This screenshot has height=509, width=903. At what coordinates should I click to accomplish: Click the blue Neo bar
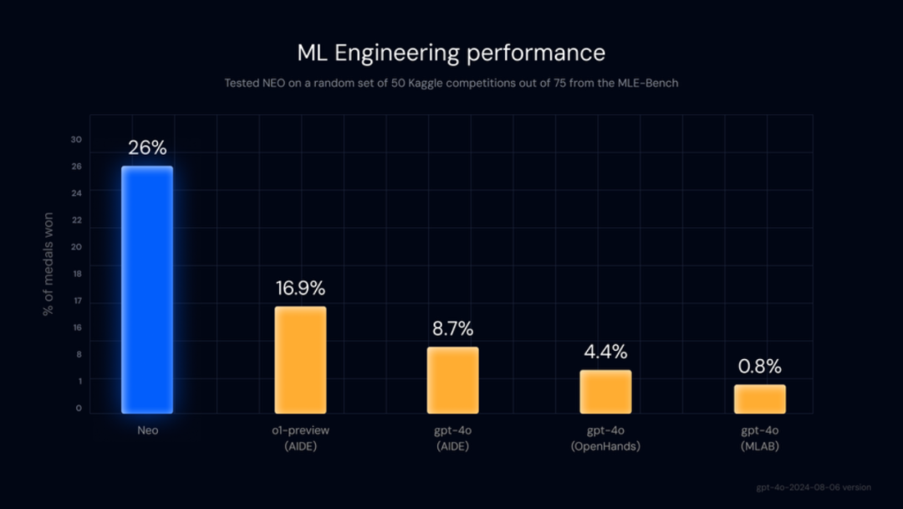(x=147, y=289)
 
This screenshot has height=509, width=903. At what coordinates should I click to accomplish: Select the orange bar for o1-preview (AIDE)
(x=301, y=360)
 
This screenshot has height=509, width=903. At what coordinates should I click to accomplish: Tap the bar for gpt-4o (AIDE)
(x=453, y=380)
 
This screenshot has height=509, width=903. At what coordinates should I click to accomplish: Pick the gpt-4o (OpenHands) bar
(x=605, y=392)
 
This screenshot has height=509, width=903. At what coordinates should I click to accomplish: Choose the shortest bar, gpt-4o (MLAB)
(x=759, y=399)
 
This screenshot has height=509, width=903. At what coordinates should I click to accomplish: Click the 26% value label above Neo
(x=147, y=148)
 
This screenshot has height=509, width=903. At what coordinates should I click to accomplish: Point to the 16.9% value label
(x=301, y=289)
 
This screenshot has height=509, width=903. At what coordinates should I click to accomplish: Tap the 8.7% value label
(x=453, y=328)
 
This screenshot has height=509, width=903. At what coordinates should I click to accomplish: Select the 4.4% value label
(x=605, y=352)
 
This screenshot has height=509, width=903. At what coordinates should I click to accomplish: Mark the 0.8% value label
(x=759, y=367)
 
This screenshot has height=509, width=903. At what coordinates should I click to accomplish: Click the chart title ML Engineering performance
(x=451, y=53)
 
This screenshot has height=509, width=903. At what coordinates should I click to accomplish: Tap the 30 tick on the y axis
(x=76, y=140)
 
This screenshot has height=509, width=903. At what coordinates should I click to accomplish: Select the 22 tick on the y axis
(x=77, y=220)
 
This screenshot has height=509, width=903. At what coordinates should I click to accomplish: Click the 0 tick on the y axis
(x=79, y=409)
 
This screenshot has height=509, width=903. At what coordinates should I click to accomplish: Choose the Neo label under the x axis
(x=147, y=430)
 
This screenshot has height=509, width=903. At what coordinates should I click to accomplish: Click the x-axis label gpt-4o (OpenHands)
(x=605, y=438)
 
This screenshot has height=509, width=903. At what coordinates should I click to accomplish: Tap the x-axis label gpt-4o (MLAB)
(x=759, y=438)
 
